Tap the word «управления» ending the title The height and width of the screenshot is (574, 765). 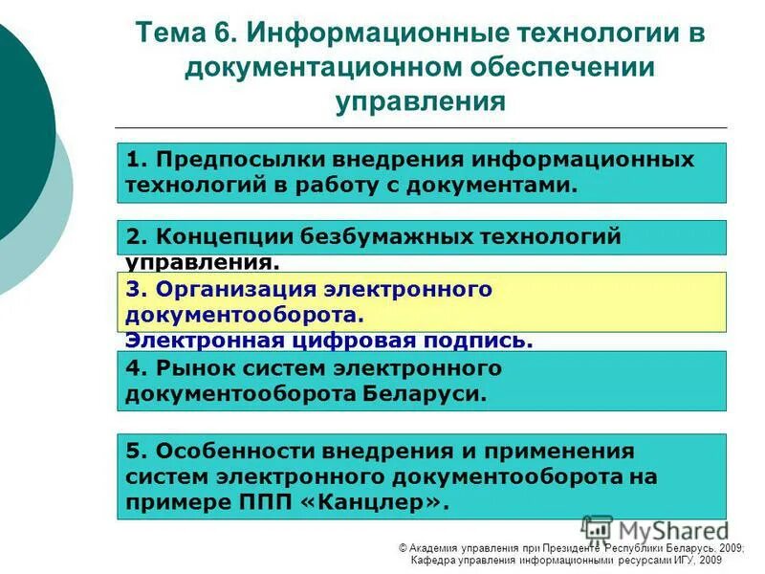pyautogui.click(x=420, y=101)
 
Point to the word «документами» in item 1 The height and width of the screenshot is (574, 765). pyautogui.click(x=511, y=185)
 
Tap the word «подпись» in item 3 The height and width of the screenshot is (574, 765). pyautogui.click(x=487, y=341)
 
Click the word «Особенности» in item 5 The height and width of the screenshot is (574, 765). pyautogui.click(x=222, y=450)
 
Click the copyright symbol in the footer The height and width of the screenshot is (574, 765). pyautogui.click(x=404, y=547)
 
